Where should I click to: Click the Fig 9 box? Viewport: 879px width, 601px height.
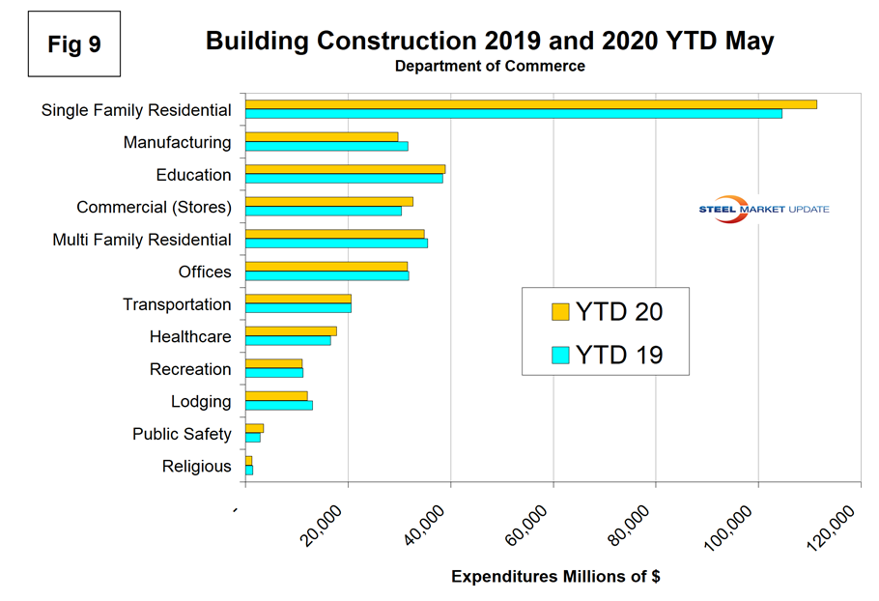(x=73, y=44)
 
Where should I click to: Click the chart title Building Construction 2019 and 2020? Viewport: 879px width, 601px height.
(x=490, y=42)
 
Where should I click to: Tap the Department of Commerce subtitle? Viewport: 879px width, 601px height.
(x=490, y=67)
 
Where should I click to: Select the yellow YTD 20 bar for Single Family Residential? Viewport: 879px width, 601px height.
(x=530, y=104)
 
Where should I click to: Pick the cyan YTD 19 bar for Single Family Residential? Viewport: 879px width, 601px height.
(x=513, y=114)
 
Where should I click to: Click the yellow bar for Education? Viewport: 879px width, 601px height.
(x=345, y=169)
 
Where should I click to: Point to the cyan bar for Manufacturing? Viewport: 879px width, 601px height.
(x=326, y=147)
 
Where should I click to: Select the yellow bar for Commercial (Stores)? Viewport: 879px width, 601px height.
(x=328, y=201)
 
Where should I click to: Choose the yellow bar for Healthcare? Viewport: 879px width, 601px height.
(x=291, y=330)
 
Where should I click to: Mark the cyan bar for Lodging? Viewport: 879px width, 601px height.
(x=278, y=405)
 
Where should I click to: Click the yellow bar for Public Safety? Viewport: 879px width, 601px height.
(x=254, y=428)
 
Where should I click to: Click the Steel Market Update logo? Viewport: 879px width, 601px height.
(x=763, y=210)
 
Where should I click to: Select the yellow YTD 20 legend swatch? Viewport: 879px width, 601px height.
(x=560, y=311)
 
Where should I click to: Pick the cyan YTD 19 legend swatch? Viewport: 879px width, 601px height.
(x=560, y=356)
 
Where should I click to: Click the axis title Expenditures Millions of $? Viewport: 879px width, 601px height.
(x=555, y=577)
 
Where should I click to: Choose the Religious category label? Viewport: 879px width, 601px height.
(x=197, y=467)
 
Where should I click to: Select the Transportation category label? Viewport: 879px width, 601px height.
(x=177, y=304)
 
